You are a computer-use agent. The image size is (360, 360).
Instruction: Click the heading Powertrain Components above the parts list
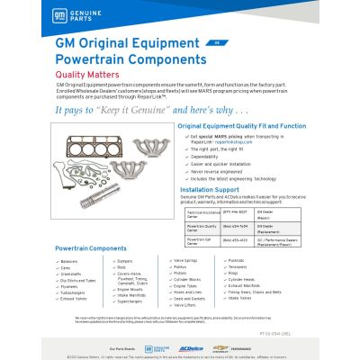[x=90, y=247]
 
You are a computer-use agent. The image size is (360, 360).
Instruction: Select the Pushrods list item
[x=237, y=260]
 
